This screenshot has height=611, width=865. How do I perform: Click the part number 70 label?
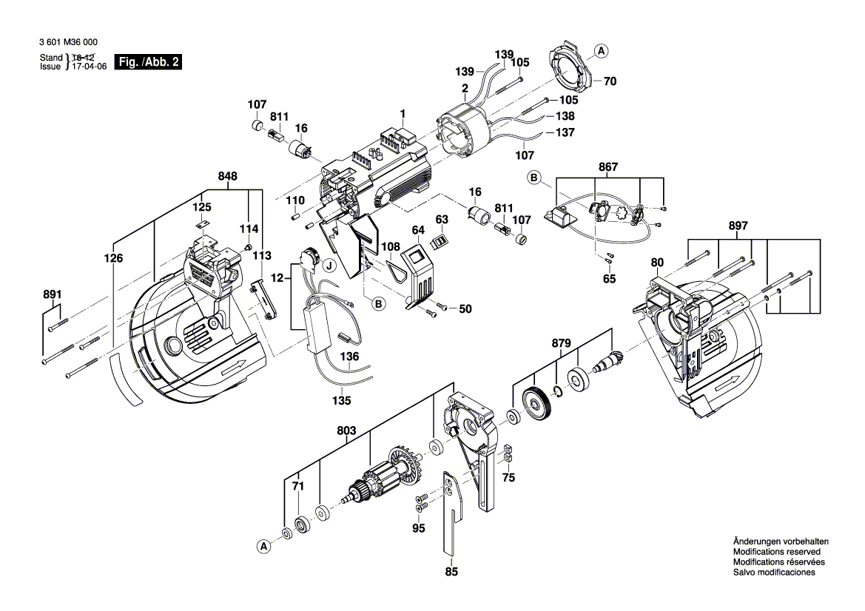click(x=610, y=82)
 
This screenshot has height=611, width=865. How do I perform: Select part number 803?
click(x=346, y=430)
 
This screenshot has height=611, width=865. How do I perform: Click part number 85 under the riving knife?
click(x=451, y=570)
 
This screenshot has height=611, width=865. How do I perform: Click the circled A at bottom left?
click(x=263, y=547)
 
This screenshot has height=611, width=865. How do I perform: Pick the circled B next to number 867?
click(x=534, y=177)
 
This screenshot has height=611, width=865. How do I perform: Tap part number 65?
click(x=609, y=280)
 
